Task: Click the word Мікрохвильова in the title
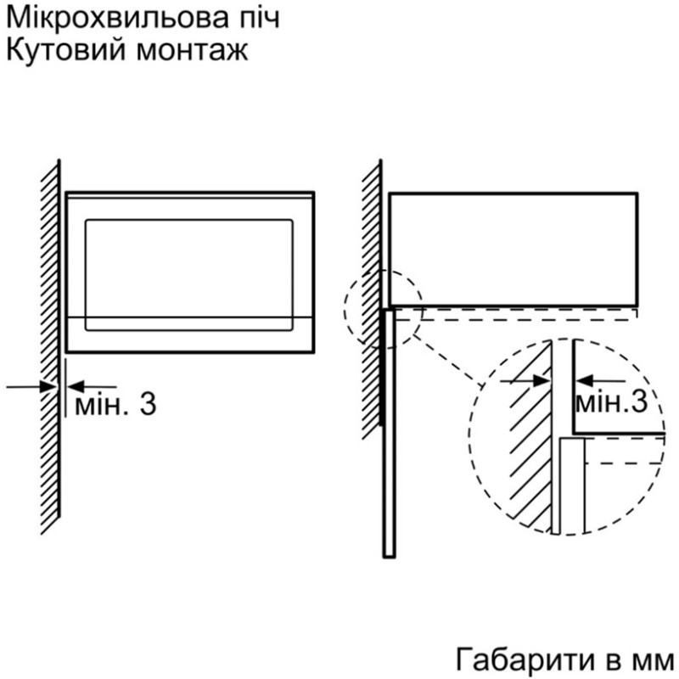pyautogui.click(x=109, y=18)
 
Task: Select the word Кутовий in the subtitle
pyautogui.click(x=63, y=51)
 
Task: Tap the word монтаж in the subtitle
pyautogui.click(x=193, y=52)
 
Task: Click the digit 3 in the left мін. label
pyautogui.click(x=148, y=406)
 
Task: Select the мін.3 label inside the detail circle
pyautogui.click(x=611, y=402)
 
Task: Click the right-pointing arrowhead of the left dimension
pyautogui.click(x=48, y=386)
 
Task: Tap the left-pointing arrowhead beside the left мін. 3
pyautogui.click(x=76, y=386)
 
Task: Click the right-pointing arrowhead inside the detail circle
pyautogui.click(x=542, y=381)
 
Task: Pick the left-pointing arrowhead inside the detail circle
pyautogui.click(x=584, y=381)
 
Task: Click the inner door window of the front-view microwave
pyautogui.click(x=188, y=275)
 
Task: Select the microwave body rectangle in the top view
pyautogui.click(x=513, y=250)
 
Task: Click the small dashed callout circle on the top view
pyautogui.click(x=384, y=309)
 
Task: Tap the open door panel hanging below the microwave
pyautogui.click(x=389, y=433)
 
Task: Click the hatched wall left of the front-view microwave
pyautogui.click(x=50, y=346)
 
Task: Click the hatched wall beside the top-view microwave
pyautogui.click(x=372, y=299)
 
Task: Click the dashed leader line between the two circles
pyautogui.click(x=448, y=360)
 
